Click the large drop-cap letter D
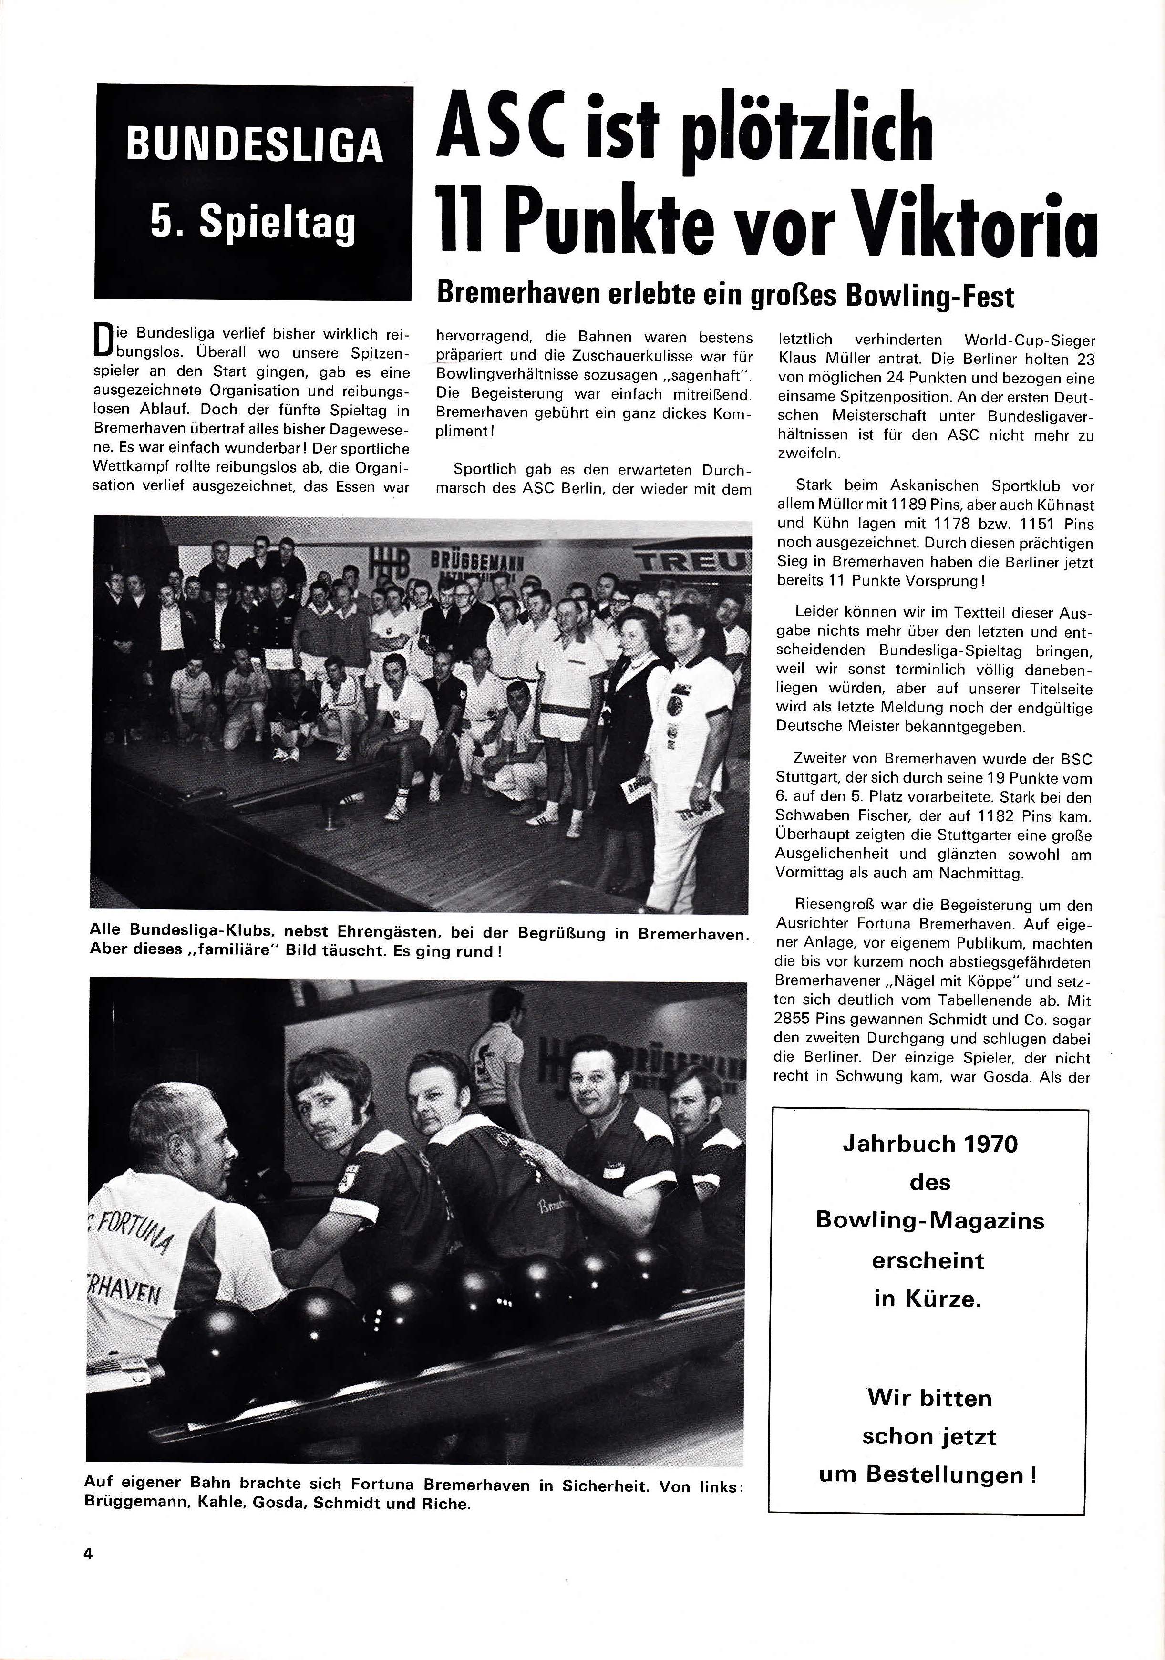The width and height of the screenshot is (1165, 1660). (x=103, y=343)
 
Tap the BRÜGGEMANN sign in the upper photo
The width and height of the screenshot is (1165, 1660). (x=477, y=562)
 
